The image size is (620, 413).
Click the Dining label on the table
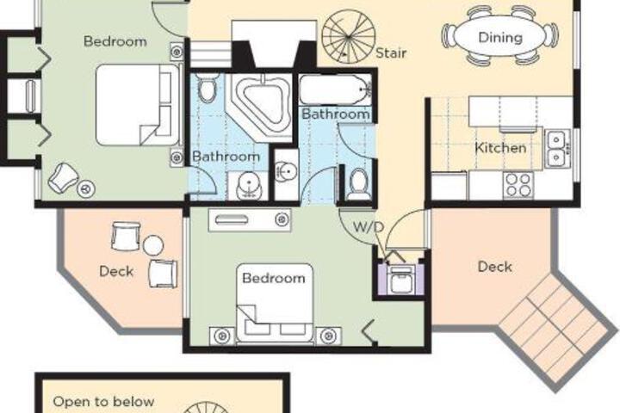(x=500, y=38)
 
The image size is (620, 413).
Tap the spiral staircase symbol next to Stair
(x=349, y=37)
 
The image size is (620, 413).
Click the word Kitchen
(x=500, y=148)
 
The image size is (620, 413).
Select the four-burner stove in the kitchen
(x=518, y=185)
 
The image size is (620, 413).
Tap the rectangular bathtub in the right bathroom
(x=335, y=89)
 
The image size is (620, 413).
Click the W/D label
(x=369, y=227)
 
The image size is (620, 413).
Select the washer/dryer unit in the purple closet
(x=401, y=279)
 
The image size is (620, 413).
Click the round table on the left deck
(x=153, y=245)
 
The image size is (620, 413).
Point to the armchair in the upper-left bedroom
(x=63, y=179)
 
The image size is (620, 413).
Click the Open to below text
(x=103, y=402)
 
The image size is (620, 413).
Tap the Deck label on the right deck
(x=494, y=267)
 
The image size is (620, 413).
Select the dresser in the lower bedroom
(x=250, y=219)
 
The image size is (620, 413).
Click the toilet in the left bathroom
(x=208, y=89)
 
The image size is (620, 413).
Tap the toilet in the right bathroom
(x=358, y=184)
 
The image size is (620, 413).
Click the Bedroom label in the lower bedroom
(x=274, y=278)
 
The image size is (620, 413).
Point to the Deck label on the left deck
(x=116, y=271)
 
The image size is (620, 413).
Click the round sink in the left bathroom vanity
(x=249, y=184)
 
